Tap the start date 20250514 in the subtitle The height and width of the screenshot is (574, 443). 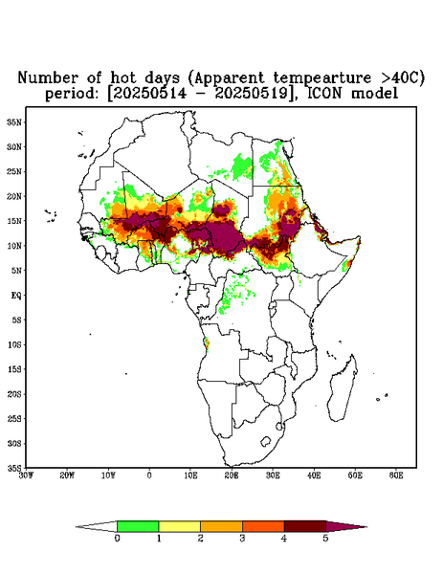point(149,94)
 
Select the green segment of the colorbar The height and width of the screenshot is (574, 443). point(138,526)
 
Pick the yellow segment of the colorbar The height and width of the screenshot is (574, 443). point(179,526)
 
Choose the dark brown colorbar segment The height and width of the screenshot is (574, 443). point(305,526)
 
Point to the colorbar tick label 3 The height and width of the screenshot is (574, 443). point(242,539)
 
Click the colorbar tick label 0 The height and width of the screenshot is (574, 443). point(117,539)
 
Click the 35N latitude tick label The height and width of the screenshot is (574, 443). point(14,121)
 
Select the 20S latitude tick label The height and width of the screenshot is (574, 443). point(14,394)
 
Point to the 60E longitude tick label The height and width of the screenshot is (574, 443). point(396,475)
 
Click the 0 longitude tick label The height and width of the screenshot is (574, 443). point(149,475)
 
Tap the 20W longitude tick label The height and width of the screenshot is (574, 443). point(67,475)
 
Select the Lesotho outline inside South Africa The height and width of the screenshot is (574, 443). point(266,441)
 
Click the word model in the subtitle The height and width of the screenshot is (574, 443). point(374,94)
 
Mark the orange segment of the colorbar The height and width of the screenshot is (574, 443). point(221,526)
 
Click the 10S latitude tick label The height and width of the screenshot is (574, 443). point(14,344)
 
